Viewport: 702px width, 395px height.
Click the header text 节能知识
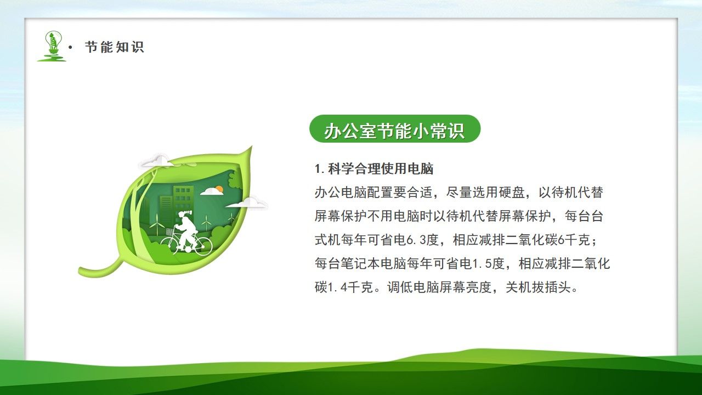pyautogui.click(x=114, y=47)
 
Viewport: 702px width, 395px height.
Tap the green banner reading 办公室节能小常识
pyautogui.click(x=394, y=129)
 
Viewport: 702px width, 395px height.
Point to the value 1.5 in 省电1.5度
pyautogui.click(x=482, y=263)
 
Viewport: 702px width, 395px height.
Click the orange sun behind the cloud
pyautogui.click(x=219, y=189)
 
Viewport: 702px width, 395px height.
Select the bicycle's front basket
pyautogui.click(x=170, y=233)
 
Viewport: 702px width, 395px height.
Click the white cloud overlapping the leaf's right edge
pyautogui.click(x=248, y=203)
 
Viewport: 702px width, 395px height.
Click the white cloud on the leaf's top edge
pyautogui.click(x=156, y=161)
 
